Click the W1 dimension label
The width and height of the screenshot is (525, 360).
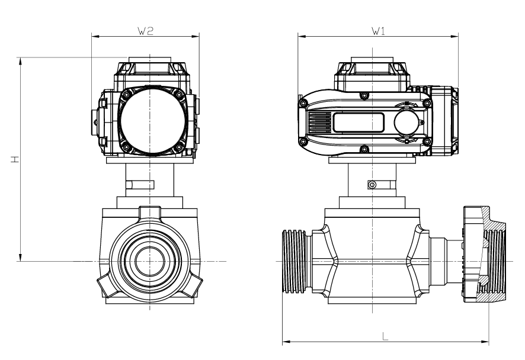coord(377,31)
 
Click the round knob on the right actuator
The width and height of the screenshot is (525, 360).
coord(408,123)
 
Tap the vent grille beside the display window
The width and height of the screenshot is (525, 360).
coord(319,123)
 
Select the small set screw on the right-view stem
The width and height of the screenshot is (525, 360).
coord(372,185)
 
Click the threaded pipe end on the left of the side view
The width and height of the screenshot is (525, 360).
coord(294,261)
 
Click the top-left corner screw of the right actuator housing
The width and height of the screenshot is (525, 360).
coord(303,104)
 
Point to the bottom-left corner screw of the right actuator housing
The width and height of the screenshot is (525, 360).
coord(303,142)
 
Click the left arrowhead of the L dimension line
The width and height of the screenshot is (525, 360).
coord(285,342)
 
